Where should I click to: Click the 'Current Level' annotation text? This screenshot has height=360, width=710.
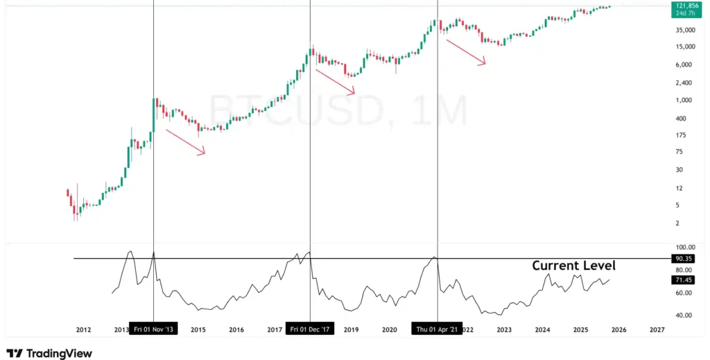[x=573, y=266]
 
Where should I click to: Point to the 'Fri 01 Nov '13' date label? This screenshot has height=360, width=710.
[x=153, y=329]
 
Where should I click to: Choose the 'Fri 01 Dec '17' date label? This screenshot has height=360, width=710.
[x=310, y=329]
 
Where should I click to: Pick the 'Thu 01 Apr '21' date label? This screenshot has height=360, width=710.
[x=437, y=329]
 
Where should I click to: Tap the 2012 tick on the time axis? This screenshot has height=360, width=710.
[x=83, y=329]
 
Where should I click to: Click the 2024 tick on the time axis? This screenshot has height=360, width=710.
[x=542, y=329]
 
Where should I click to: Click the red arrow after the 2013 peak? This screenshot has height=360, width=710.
[x=185, y=142]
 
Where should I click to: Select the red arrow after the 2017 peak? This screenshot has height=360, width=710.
[x=336, y=80]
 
